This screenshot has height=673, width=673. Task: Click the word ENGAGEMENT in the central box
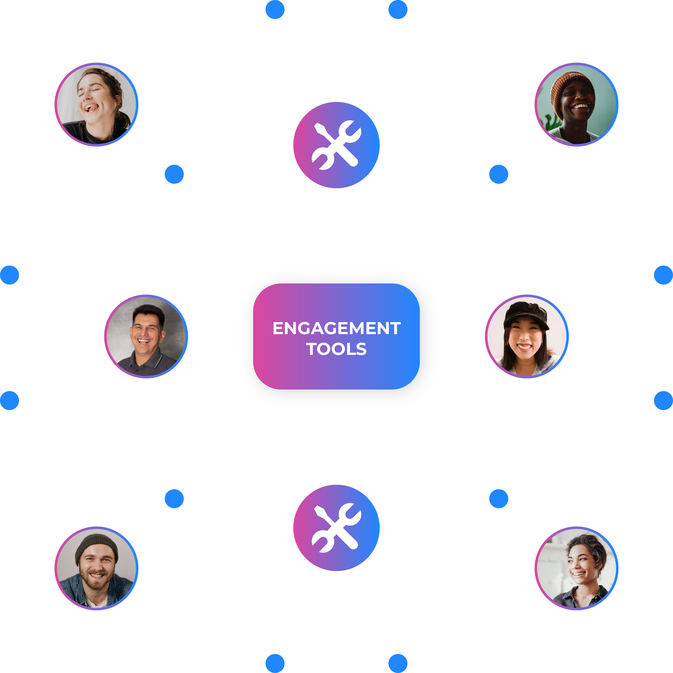(336, 328)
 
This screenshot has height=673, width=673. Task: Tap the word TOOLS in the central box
(336, 349)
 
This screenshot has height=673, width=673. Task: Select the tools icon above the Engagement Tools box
(336, 145)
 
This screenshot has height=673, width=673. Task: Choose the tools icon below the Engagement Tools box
(336, 528)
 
